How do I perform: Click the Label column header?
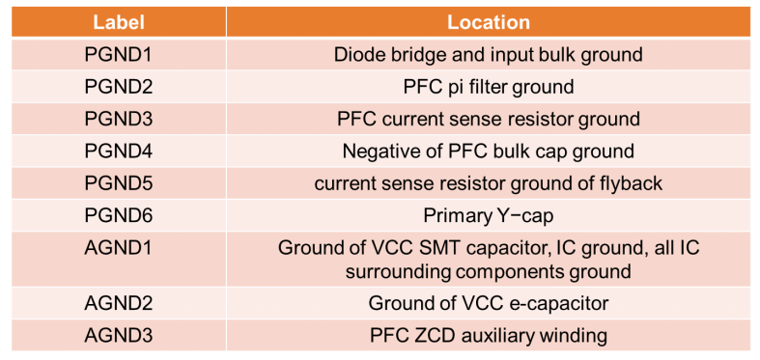tap(119, 21)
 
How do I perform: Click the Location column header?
tap(488, 21)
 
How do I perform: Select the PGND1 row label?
tap(119, 54)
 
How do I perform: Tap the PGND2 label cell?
tap(119, 87)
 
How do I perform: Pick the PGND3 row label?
tap(119, 119)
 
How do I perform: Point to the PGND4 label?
tap(119, 152)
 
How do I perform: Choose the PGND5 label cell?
tap(119, 183)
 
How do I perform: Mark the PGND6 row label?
tap(119, 215)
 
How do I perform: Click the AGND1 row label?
tap(119, 248)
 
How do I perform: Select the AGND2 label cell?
tap(119, 303)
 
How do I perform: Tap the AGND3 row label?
tap(119, 335)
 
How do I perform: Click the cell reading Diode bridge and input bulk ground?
tap(488, 54)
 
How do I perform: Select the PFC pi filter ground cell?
tap(488, 87)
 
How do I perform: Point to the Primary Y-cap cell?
tap(488, 215)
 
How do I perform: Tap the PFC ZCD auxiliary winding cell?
tap(488, 335)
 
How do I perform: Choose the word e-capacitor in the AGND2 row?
tap(554, 303)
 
